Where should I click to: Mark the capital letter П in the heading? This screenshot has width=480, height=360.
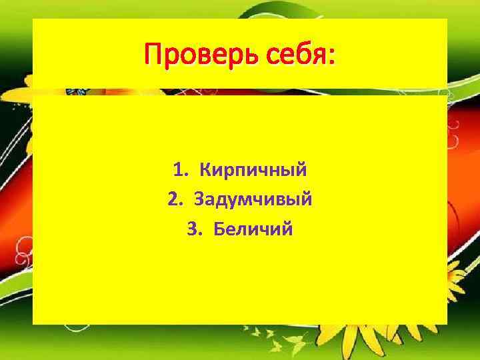coord(153,53)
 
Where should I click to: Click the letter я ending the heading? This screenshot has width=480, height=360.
coord(321,54)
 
